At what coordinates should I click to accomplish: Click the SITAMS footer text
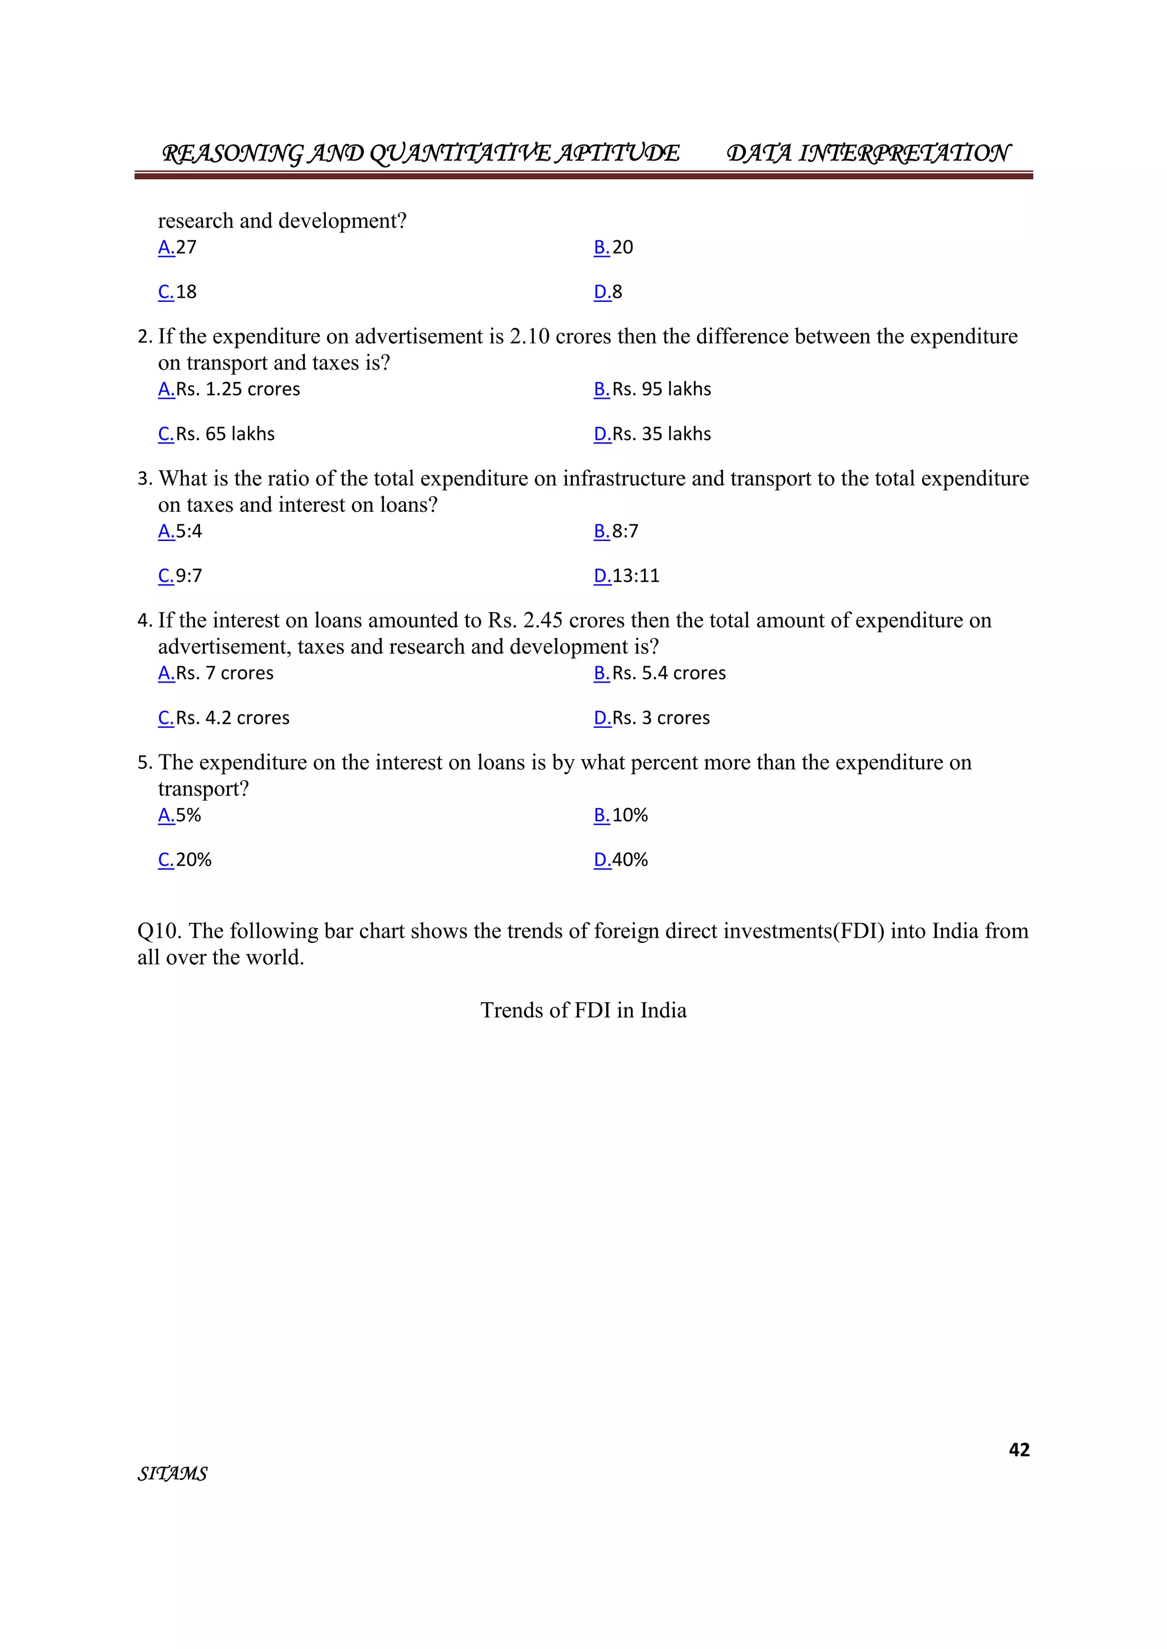click(x=173, y=1474)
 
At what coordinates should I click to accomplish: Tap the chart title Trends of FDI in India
click(x=583, y=1011)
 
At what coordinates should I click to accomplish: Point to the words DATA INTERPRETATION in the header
click(x=867, y=153)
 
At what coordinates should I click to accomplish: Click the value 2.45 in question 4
click(x=542, y=621)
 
